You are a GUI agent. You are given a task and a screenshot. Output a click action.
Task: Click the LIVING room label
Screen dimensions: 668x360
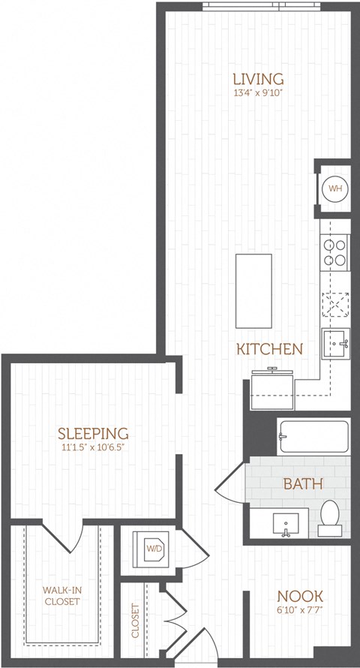(258, 79)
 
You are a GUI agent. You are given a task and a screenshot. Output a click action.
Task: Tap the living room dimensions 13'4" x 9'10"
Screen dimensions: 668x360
(258, 94)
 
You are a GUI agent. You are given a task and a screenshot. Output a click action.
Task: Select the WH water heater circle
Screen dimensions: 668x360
(334, 188)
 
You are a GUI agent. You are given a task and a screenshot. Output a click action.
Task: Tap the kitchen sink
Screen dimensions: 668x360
(337, 345)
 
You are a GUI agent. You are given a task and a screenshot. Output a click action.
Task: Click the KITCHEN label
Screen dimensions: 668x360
(269, 349)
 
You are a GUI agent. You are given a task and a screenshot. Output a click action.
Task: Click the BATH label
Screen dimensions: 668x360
(302, 483)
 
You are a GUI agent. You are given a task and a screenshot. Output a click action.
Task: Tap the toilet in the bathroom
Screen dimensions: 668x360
(330, 517)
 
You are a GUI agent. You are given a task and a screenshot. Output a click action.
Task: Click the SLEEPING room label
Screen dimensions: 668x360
(94, 433)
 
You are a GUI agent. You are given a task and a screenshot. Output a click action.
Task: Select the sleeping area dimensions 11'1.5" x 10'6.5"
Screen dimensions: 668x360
(94, 448)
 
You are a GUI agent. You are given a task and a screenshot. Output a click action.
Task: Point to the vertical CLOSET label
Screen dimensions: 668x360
(135, 621)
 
